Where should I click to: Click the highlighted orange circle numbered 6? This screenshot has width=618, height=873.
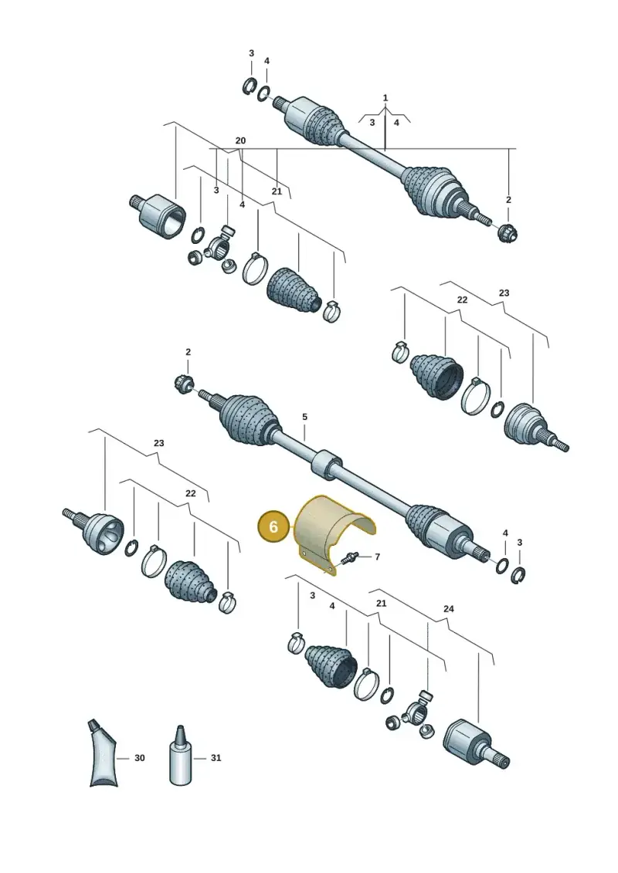click(x=273, y=526)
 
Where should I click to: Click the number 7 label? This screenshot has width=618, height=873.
click(x=377, y=557)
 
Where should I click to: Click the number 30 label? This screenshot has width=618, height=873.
click(x=139, y=758)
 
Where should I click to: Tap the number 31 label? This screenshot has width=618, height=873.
click(x=216, y=758)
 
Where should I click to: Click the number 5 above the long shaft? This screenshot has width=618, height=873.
click(x=305, y=417)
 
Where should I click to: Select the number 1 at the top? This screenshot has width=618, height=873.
click(x=385, y=98)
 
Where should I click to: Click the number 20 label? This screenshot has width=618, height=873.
click(x=240, y=140)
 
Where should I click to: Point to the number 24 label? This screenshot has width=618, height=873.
click(x=449, y=608)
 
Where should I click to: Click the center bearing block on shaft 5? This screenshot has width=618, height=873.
click(x=326, y=464)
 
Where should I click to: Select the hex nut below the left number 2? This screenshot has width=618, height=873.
click(x=184, y=384)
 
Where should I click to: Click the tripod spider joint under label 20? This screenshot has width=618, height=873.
click(x=216, y=249)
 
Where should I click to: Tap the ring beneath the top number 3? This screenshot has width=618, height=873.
click(x=249, y=86)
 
